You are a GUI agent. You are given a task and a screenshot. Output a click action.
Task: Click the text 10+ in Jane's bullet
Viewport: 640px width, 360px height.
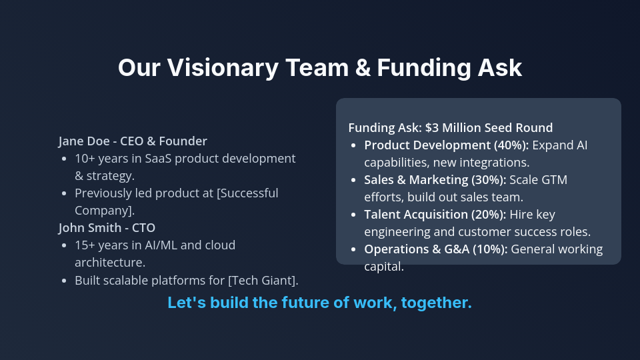pyautogui.click(x=85, y=159)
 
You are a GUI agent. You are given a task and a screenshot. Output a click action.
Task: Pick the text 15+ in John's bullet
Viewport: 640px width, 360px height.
pyautogui.click(x=85, y=245)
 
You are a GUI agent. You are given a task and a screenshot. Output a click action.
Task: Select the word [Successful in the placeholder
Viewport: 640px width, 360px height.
pyautogui.click(x=244, y=193)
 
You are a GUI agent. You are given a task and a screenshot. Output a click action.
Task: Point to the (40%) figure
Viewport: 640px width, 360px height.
pyautogui.click(x=509, y=145)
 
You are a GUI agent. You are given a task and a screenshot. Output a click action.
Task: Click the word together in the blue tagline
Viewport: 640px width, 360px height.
pyautogui.click(x=440, y=303)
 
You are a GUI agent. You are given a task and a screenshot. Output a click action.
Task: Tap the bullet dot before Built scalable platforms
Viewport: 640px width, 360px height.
pyautogui.click(x=64, y=280)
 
